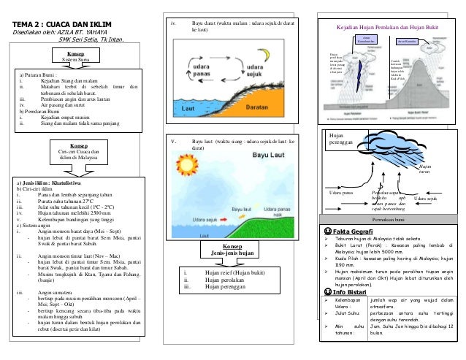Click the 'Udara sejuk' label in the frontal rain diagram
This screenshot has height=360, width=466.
pos(426,198)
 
